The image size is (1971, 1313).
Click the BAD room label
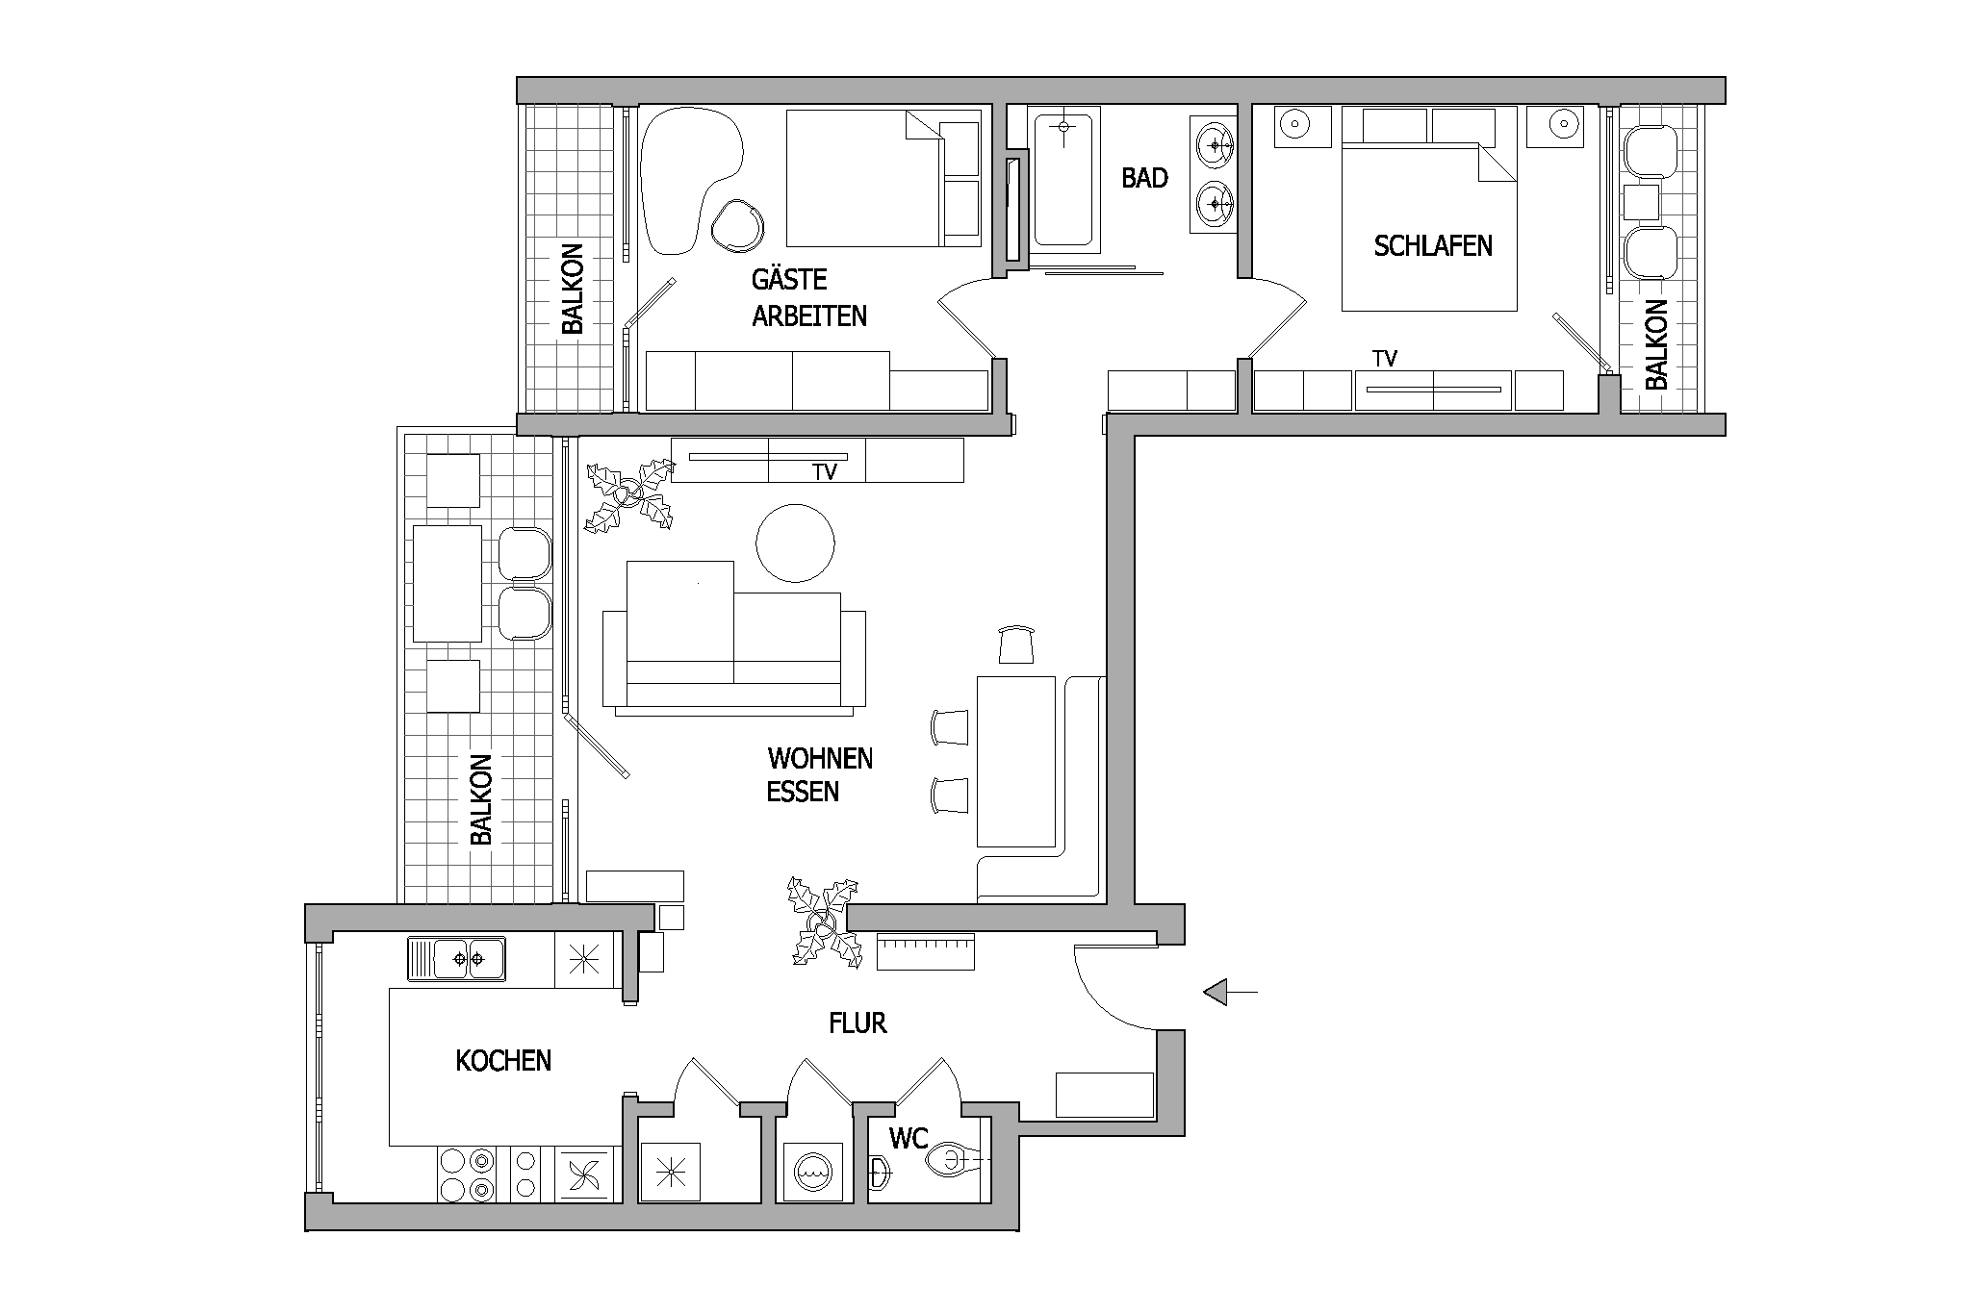pyautogui.click(x=1144, y=178)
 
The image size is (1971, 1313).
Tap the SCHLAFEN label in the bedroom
pyautogui.click(x=1433, y=245)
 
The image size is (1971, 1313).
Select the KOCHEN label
pyautogui.click(x=503, y=1061)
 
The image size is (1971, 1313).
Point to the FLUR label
pyautogui.click(x=858, y=1023)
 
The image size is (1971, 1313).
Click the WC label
pyautogui.click(x=909, y=1140)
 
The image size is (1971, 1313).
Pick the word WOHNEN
pyautogui.click(x=820, y=759)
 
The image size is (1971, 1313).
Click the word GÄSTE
pyautogui.click(x=789, y=279)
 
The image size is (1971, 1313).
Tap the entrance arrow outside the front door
pyautogui.click(x=1231, y=991)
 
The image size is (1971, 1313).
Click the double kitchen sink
pyautogui.click(x=456, y=959)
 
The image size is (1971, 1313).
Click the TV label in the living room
pyautogui.click(x=825, y=472)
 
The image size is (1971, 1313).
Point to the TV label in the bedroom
pyautogui.click(x=1385, y=359)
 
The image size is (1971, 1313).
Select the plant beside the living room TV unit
pyautogui.click(x=629, y=495)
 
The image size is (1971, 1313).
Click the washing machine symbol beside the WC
pyautogui.click(x=813, y=1172)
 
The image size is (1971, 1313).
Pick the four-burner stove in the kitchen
pyautogui.click(x=467, y=1174)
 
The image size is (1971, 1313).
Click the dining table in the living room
pyautogui.click(x=1016, y=761)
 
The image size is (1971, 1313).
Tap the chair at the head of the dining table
pyautogui.click(x=1016, y=644)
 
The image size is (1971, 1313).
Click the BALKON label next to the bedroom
pyautogui.click(x=1655, y=344)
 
